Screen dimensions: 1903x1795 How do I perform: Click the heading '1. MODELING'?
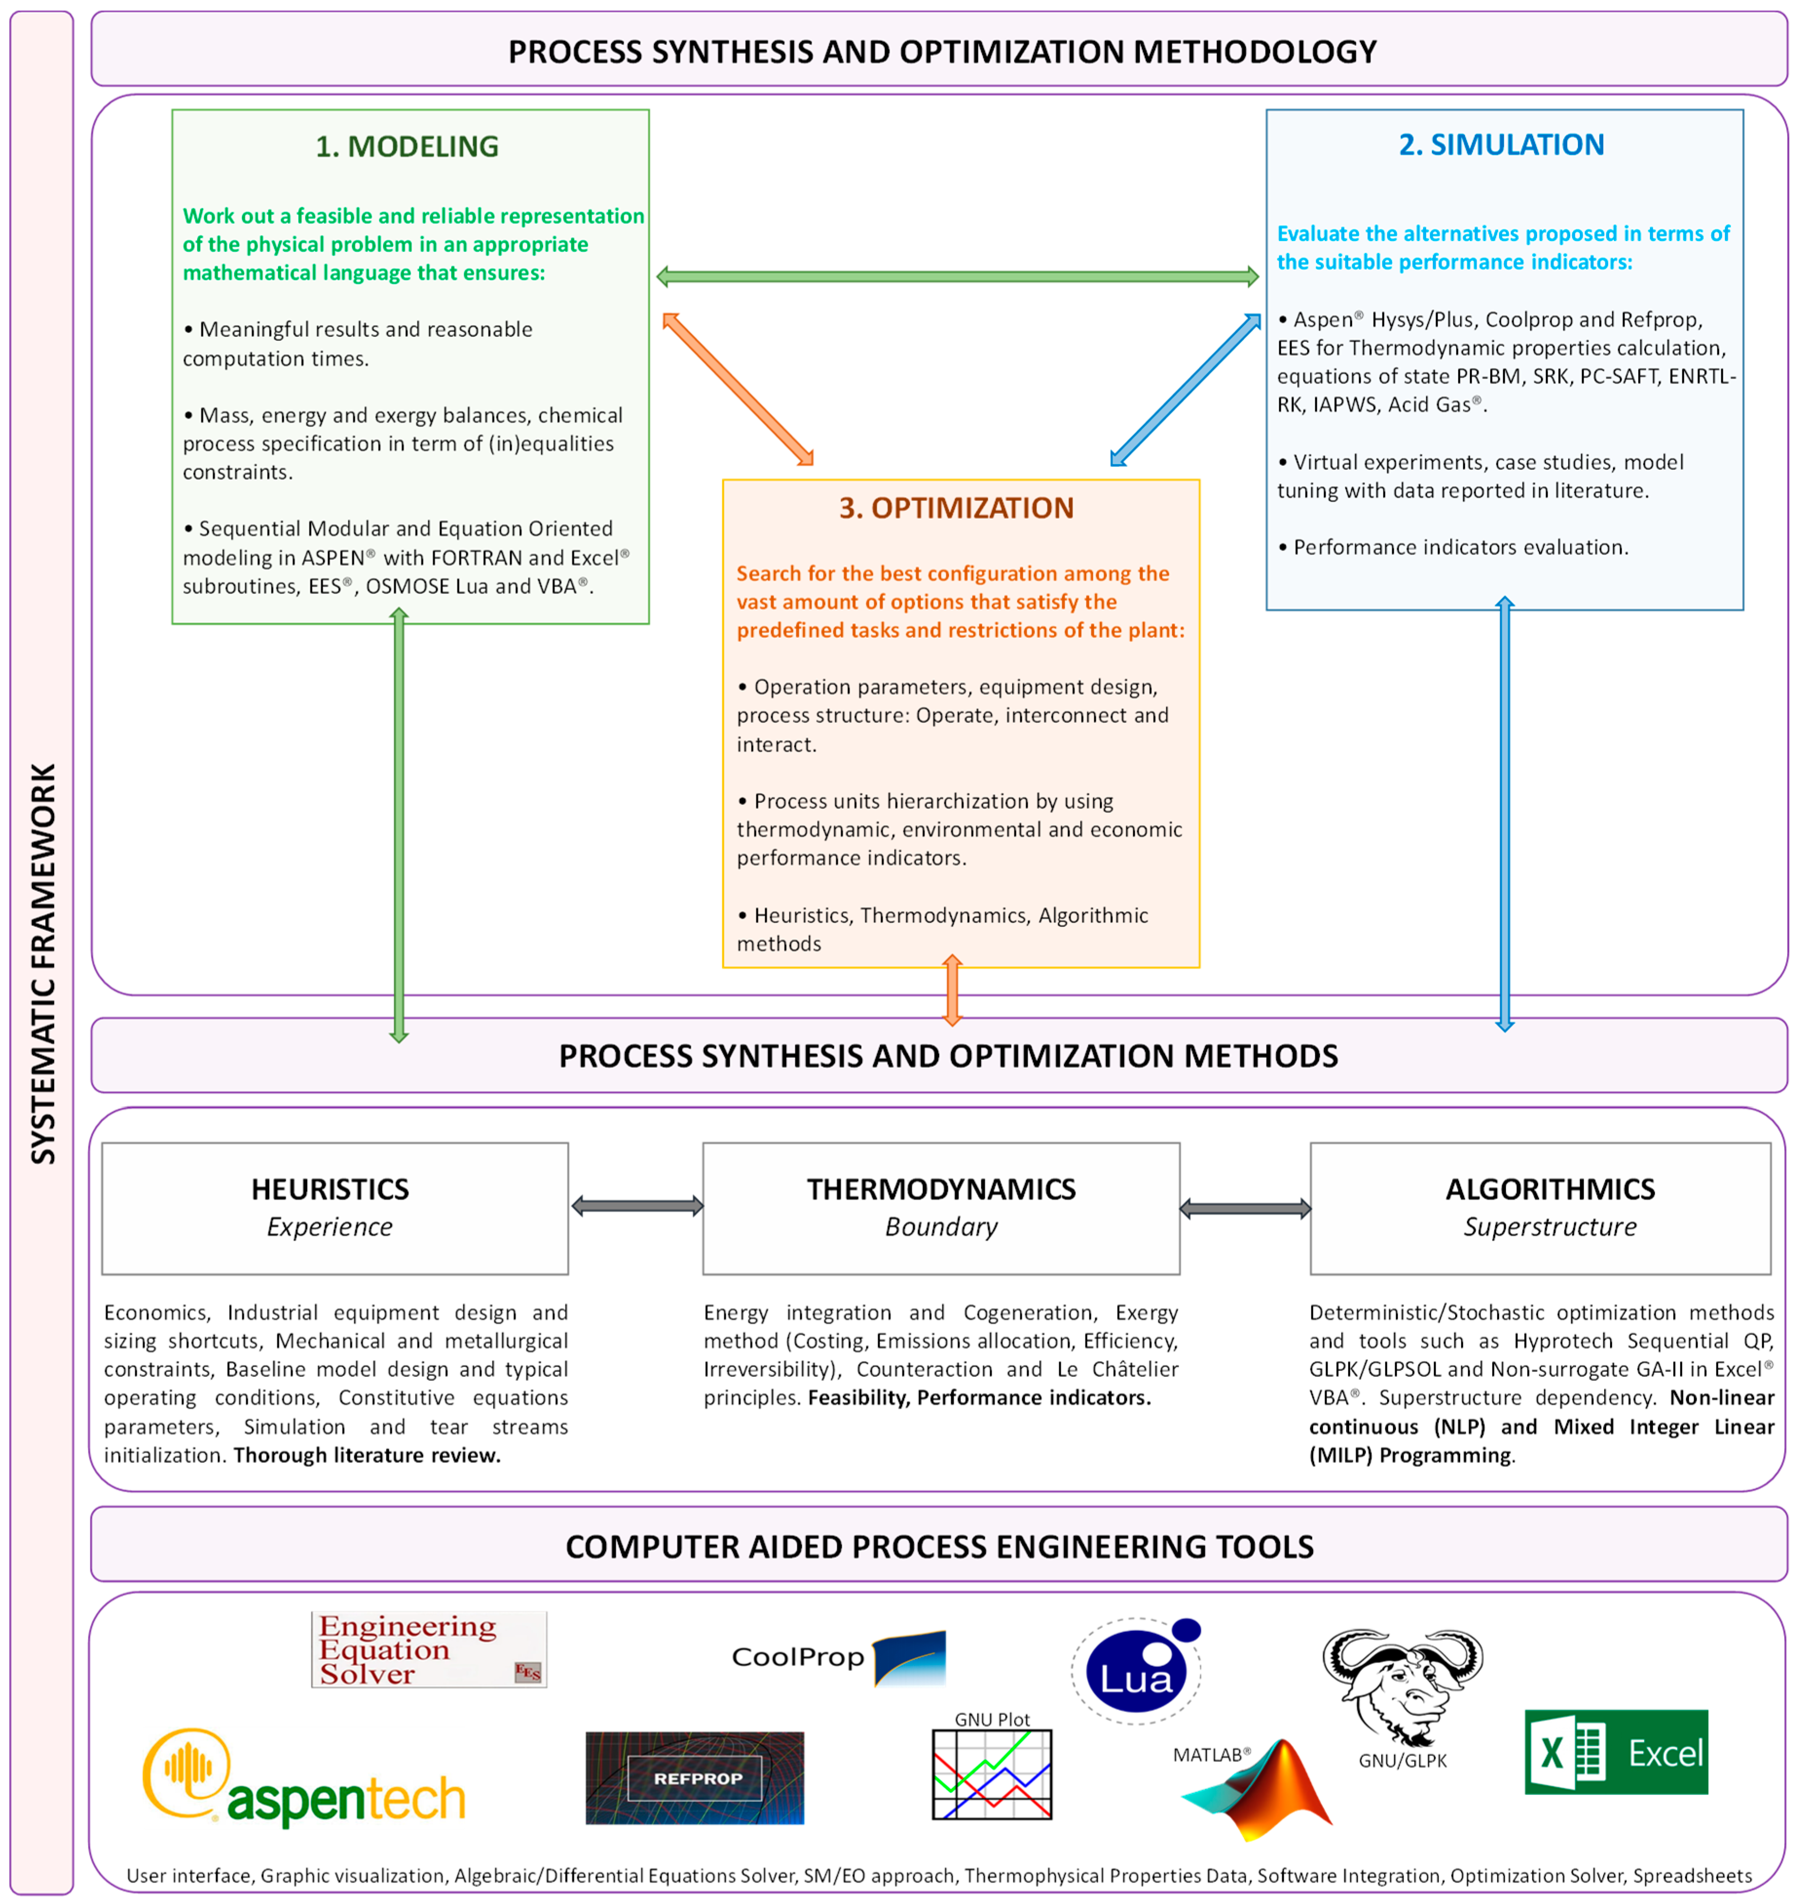point(407,147)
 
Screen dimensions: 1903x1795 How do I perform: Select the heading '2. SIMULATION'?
point(1501,145)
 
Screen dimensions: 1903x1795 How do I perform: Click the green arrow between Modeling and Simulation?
point(957,277)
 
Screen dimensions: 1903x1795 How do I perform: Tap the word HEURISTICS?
point(330,1189)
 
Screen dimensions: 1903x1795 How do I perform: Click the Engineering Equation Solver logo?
point(429,1649)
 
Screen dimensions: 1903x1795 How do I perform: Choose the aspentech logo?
point(304,1778)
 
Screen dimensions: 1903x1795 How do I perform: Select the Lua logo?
point(1136,1670)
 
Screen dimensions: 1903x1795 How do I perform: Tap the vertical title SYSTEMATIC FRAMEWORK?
point(43,962)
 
